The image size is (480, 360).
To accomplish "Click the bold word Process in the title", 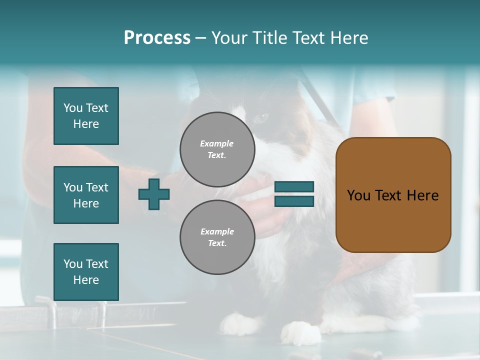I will (x=157, y=38).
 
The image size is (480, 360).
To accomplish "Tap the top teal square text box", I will (x=86, y=116).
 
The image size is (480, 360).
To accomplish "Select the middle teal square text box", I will (x=86, y=195).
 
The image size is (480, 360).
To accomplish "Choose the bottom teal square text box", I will (x=86, y=272).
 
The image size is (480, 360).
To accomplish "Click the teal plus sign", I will (x=154, y=194).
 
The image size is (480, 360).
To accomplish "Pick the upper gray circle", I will (x=217, y=149).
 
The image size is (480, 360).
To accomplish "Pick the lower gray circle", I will (x=217, y=237).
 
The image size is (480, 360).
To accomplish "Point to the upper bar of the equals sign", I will (x=294, y=187).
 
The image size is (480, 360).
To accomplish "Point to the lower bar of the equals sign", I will (x=294, y=201).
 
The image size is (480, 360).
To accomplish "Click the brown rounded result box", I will (x=393, y=195).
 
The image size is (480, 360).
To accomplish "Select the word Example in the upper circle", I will (x=217, y=143).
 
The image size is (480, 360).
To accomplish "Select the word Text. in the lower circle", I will (x=217, y=243).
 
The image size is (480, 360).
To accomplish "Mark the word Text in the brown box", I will (x=388, y=195).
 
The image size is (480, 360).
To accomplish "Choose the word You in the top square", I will (x=73, y=108).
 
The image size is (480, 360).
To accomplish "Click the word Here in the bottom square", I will (x=86, y=280).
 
